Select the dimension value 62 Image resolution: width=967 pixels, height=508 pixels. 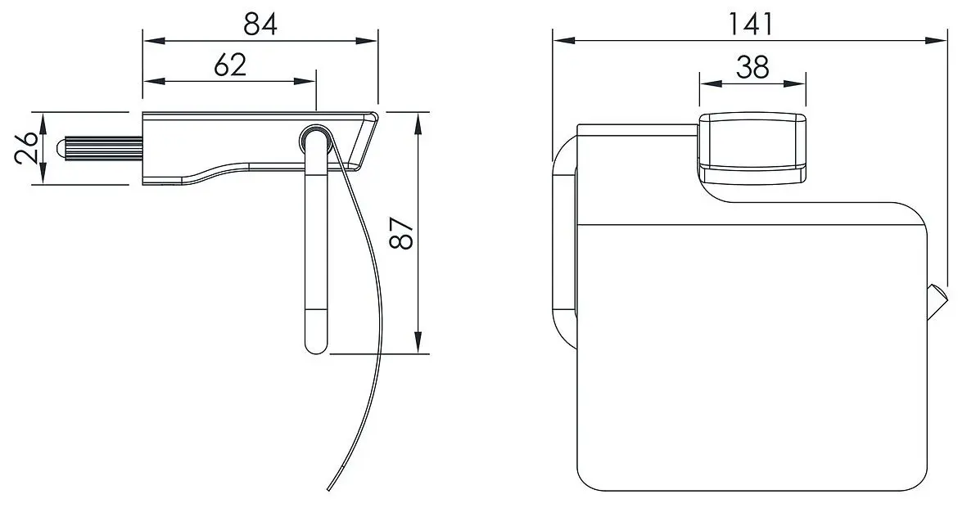[x=230, y=65]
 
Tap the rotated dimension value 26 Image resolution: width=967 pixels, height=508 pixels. [x=27, y=148]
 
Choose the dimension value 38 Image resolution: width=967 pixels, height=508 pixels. [x=752, y=67]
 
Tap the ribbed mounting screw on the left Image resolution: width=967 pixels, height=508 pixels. [x=102, y=149]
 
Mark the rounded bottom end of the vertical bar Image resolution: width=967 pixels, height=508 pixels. [x=315, y=344]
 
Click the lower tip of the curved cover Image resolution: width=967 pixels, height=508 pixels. [x=328, y=489]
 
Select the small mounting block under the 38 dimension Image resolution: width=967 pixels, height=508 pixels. [x=752, y=147]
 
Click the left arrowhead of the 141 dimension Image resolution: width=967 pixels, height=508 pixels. [x=559, y=39]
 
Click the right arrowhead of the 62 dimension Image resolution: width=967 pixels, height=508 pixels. [x=309, y=81]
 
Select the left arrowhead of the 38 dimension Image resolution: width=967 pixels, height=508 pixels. [x=705, y=82]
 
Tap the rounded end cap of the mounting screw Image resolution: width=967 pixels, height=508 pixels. [x=61, y=149]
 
